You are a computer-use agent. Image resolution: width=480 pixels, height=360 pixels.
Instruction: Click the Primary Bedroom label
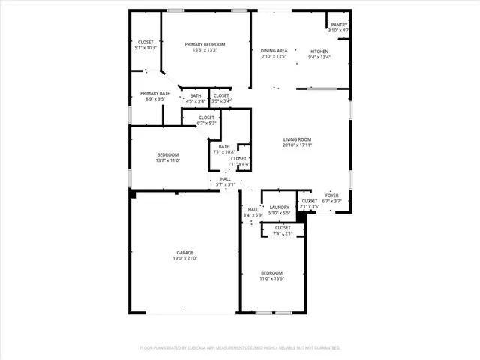coord(205,45)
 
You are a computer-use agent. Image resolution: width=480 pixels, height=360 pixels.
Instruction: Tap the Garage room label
coord(185,253)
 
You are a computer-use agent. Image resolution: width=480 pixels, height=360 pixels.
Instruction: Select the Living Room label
coord(297,140)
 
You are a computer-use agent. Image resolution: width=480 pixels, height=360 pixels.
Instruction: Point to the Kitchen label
coord(319,52)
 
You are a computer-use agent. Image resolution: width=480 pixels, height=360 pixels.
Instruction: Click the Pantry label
coord(339,25)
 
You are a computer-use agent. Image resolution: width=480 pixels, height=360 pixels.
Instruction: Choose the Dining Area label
coord(274,51)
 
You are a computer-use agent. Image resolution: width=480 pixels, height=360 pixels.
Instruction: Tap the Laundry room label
coord(280,208)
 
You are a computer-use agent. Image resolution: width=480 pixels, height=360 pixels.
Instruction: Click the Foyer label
coord(331,196)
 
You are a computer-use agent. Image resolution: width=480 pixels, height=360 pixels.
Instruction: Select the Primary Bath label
coord(155,93)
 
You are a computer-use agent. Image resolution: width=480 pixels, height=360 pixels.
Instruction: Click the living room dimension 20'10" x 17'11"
coord(297,146)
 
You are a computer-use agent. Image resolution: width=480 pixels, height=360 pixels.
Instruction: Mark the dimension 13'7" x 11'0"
coord(167,160)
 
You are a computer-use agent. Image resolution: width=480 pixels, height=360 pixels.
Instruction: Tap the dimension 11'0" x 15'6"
coord(271,278)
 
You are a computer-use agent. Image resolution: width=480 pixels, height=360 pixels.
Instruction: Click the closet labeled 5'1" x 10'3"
coord(145,44)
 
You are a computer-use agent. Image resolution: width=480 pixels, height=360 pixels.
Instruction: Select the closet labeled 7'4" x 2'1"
coord(283,230)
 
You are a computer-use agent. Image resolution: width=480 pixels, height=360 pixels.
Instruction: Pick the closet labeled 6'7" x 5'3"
coord(207,121)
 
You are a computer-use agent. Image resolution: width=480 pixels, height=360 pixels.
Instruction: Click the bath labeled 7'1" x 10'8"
coord(224,149)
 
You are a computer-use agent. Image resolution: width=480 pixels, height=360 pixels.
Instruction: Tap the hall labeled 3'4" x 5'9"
coord(253,212)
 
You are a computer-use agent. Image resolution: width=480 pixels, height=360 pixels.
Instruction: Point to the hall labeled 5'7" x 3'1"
coord(225,181)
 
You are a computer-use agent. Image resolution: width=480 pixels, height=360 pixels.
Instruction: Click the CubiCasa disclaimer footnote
coord(240,348)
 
